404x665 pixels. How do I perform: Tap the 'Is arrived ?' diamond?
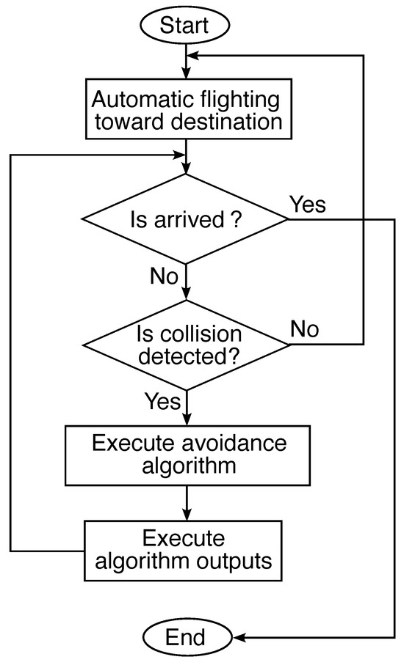(186, 218)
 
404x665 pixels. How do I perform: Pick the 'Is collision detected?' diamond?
(186, 345)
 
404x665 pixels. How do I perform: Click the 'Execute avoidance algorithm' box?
(187, 455)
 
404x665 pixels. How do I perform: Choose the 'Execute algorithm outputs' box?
(184, 551)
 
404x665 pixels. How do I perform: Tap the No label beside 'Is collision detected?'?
(304, 328)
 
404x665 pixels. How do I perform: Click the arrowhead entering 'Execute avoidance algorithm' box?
(187, 422)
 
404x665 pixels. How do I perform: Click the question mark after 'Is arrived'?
(231, 218)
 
